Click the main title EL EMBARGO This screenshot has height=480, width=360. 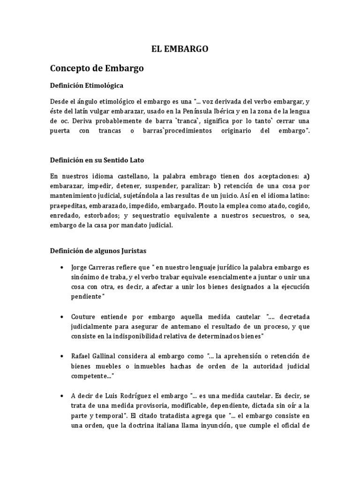pyautogui.click(x=180, y=48)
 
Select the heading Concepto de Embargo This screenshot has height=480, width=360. pyautogui.click(x=97, y=68)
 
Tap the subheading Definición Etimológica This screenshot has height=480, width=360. pyautogui.click(x=87, y=86)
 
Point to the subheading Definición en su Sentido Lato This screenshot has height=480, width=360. pyautogui.click(x=97, y=160)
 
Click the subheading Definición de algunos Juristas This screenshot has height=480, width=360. pyautogui.click(x=98, y=251)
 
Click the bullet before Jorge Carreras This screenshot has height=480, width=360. pyautogui.click(x=63, y=268)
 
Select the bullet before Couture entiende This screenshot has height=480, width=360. pyautogui.click(x=63, y=316)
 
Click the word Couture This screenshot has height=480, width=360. pyautogui.click(x=85, y=316)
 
